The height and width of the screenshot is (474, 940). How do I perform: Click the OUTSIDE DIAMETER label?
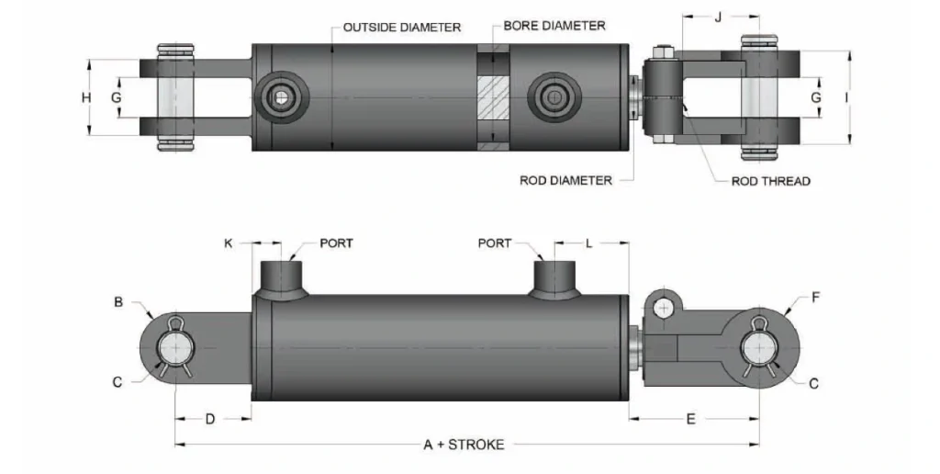401,28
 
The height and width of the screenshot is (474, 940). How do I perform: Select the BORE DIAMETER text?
554,26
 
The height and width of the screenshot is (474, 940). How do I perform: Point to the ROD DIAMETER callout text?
565,180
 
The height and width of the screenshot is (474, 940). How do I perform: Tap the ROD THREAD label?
770,181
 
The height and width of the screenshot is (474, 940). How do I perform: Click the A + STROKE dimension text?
464,445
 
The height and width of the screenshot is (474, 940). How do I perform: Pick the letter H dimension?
85,97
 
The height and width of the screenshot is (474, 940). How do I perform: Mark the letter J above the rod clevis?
718,16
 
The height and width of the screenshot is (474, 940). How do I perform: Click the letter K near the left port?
229,243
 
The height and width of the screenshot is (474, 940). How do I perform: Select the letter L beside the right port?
588,243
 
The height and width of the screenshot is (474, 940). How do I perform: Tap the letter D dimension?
209,419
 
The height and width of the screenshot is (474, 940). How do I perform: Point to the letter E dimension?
691,419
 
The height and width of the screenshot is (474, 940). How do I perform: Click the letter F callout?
816,298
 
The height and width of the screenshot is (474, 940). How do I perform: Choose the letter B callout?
117,300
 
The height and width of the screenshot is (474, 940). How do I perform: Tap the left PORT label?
336,243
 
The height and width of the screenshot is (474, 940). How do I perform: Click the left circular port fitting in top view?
279,97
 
